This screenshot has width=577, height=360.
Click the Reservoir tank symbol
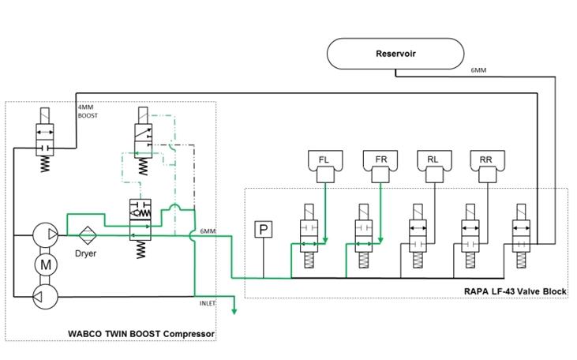[x=395, y=54]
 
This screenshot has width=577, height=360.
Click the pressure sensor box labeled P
[x=263, y=230]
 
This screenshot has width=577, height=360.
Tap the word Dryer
[x=85, y=253]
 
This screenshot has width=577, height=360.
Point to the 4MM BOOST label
[x=87, y=111]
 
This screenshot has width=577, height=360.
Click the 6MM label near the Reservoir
[x=478, y=70]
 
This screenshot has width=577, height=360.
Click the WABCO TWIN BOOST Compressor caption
[x=150, y=334]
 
